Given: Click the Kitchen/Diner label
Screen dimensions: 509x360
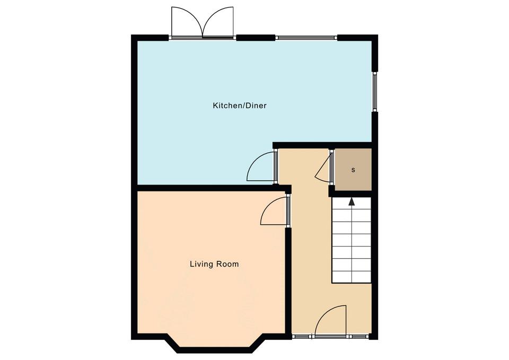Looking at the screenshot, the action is (240, 106).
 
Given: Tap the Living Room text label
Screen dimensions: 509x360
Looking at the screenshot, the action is (214, 264).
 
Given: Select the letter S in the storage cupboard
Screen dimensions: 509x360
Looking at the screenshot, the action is (353, 170).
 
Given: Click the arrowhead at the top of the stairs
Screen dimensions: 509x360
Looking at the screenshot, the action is (352, 202).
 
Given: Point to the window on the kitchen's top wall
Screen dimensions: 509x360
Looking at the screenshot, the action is (306, 38).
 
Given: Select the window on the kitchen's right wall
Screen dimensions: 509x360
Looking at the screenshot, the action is (375, 92).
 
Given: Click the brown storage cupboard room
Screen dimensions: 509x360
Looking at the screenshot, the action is (353, 170).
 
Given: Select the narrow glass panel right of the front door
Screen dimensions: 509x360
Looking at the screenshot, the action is (358, 337).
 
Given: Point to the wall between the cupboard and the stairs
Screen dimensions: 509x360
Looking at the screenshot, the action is (350, 194).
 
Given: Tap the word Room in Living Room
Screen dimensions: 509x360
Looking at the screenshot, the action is (227, 264).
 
